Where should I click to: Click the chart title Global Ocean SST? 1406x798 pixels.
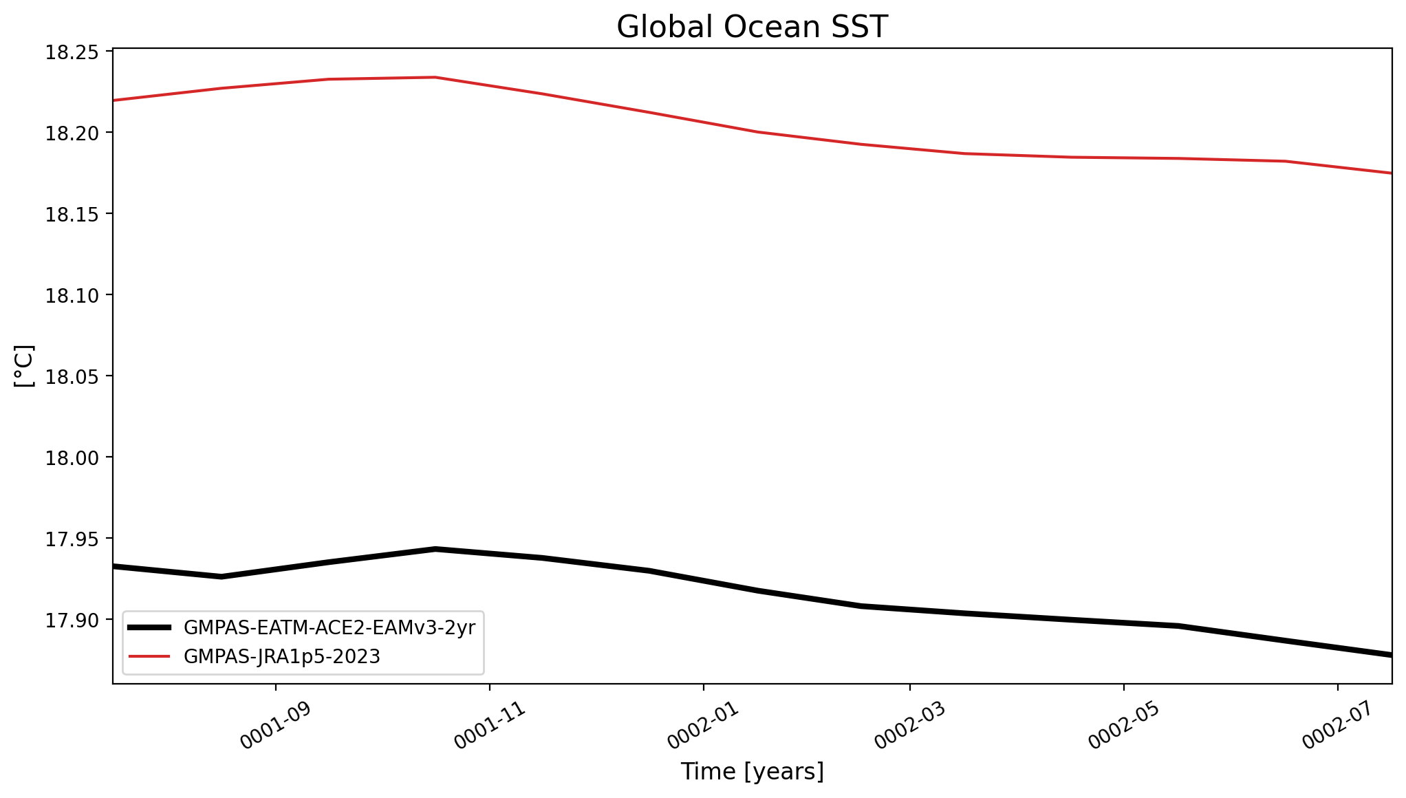752,27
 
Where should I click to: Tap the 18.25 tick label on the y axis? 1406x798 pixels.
69,53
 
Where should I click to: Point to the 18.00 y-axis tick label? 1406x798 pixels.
69,458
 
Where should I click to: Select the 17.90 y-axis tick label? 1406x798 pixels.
69,621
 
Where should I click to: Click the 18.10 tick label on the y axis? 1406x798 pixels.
69,296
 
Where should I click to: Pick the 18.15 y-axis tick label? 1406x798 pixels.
69,215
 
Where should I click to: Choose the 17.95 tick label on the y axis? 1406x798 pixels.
69,539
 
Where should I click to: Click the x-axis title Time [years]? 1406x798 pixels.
752,771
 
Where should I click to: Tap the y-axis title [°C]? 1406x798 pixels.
24,366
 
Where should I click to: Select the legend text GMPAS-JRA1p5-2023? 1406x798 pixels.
282,657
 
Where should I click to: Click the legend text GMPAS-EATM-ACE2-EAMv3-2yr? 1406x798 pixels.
329,627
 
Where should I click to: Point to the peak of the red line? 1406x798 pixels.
435,77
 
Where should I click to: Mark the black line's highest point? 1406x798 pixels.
435,549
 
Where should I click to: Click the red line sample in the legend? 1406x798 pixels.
149,656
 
